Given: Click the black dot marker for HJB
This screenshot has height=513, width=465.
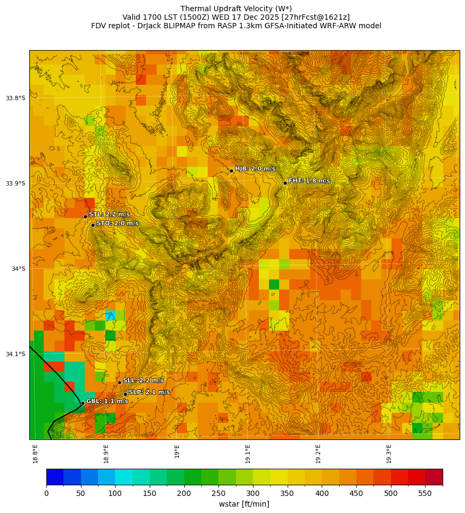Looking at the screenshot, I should click(231, 171).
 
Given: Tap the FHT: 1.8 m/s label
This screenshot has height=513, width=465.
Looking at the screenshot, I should click(309, 181).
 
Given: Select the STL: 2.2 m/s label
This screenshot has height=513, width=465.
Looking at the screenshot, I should click(109, 214).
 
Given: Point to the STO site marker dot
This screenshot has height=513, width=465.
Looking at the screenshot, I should click(93, 225).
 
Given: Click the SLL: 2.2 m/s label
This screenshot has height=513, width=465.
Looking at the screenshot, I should click(143, 380).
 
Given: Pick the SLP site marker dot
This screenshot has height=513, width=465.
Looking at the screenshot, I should click(125, 394).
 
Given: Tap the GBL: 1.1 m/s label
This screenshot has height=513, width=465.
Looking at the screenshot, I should click(107, 401).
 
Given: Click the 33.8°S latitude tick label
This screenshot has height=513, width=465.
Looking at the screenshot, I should click(15, 98).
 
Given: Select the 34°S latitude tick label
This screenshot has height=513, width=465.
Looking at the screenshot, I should click(18, 269).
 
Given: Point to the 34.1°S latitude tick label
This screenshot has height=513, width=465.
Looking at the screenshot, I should click(15, 354).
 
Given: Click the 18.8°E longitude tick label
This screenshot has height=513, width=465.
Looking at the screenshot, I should click(35, 453).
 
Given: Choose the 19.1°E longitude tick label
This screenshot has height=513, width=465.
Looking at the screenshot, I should click(248, 453).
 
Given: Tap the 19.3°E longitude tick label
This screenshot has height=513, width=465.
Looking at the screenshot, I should click(389, 453).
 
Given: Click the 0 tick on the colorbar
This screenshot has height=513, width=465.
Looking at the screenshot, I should click(46, 494).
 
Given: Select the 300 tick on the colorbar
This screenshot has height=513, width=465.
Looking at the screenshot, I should click(253, 494).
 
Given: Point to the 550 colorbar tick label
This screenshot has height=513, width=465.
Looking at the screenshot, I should click(425, 494).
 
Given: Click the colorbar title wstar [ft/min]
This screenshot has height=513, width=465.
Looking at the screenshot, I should click(244, 504).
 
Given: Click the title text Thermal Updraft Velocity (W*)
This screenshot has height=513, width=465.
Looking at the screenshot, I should click(236, 9).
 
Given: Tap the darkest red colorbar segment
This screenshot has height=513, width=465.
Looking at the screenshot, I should click(434, 477).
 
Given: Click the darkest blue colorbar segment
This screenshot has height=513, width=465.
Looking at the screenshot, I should click(55, 477).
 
